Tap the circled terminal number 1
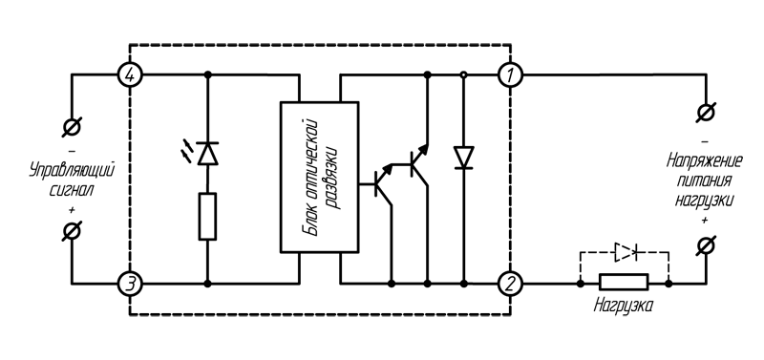[512, 75]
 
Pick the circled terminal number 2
[512, 284]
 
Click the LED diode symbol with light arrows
[207, 152]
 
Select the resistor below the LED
[207, 216]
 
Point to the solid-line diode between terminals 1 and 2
[464, 157]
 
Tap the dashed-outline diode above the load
[625, 252]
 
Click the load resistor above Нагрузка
[624, 283]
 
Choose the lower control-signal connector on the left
[73, 232]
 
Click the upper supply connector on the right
[705, 114]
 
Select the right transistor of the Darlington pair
[416, 164]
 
